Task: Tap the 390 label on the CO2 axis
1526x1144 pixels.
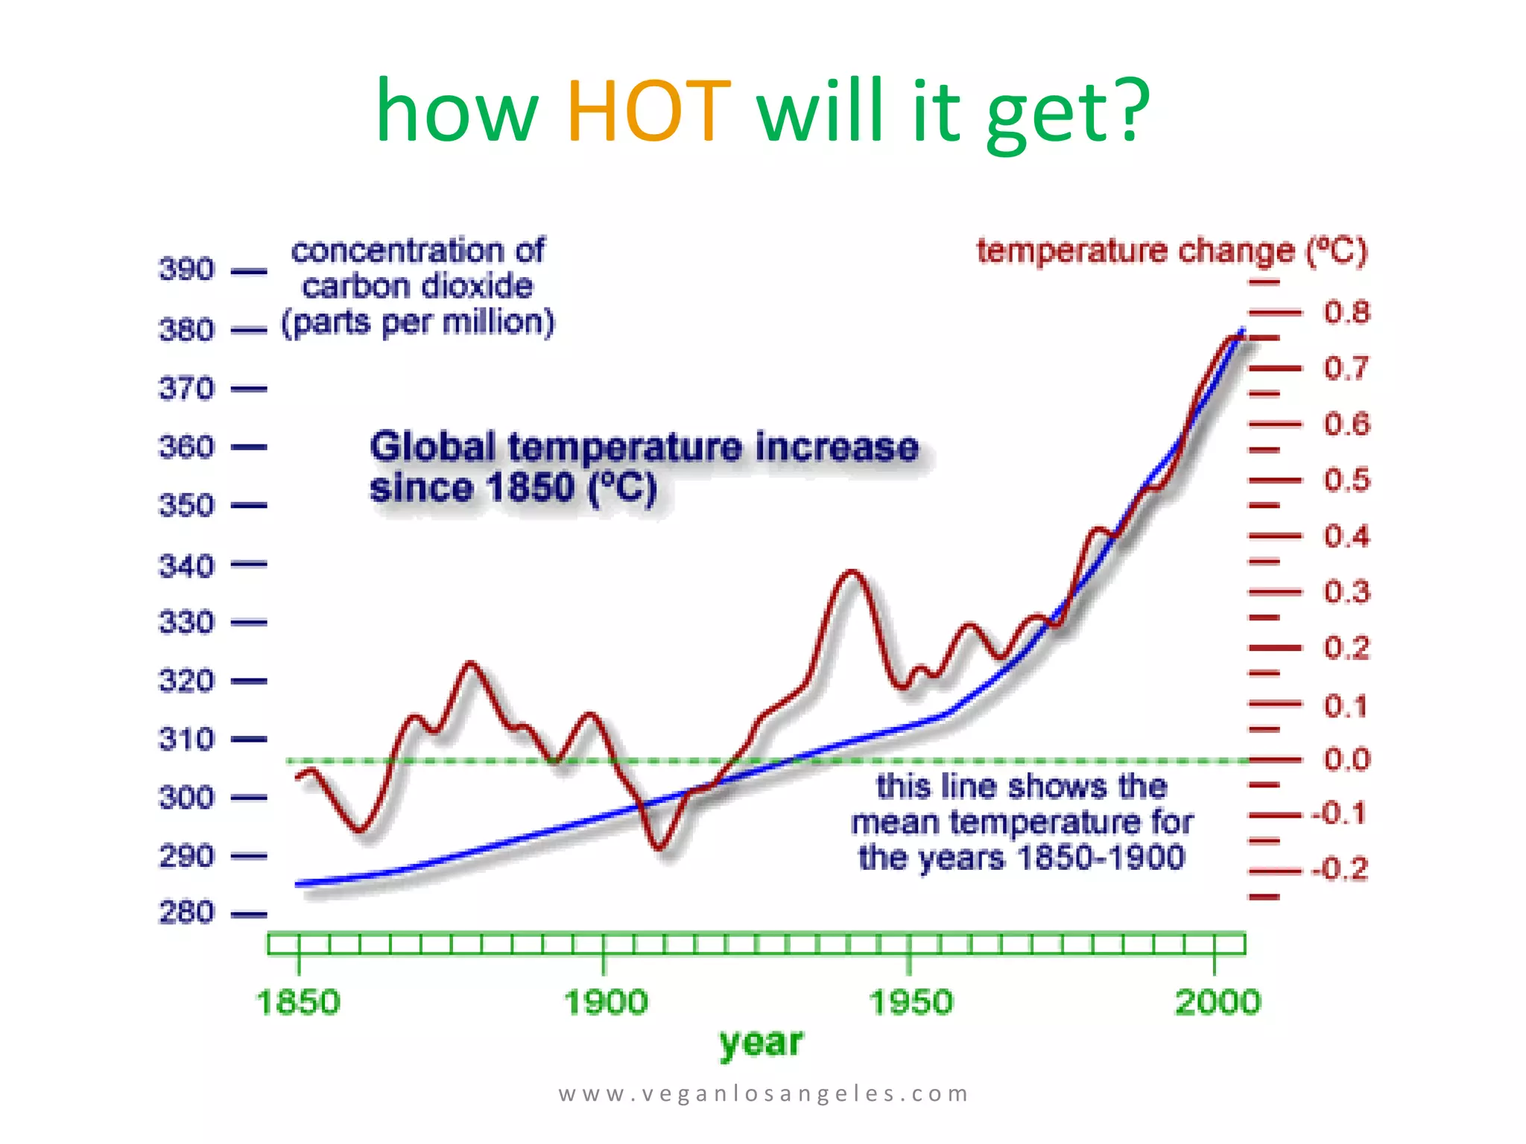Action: coord(186,270)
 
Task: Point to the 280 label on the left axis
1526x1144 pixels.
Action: coord(186,912)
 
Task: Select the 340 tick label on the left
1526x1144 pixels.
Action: coord(186,566)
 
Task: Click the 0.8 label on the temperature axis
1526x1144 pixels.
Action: coord(1346,312)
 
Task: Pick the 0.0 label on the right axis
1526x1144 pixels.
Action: coord(1346,760)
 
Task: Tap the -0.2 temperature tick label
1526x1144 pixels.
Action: coord(1340,869)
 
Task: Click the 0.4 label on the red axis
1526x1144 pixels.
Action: coord(1346,536)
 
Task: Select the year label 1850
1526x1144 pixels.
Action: coord(298,1002)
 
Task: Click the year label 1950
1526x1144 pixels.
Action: coord(911,1002)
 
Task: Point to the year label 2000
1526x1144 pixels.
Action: coord(1218,1002)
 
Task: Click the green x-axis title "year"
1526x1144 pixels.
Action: coord(761,1043)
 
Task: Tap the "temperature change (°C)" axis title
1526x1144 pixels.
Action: coord(1172,251)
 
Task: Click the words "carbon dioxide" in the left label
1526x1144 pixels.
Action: coord(417,287)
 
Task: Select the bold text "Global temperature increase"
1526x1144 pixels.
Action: coord(644,448)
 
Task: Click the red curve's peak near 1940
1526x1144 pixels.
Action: coord(852,572)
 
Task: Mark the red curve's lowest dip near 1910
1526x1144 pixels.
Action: coord(659,847)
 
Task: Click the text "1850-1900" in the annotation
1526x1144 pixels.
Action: coord(1101,858)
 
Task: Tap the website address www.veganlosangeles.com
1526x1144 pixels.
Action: coord(763,1093)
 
